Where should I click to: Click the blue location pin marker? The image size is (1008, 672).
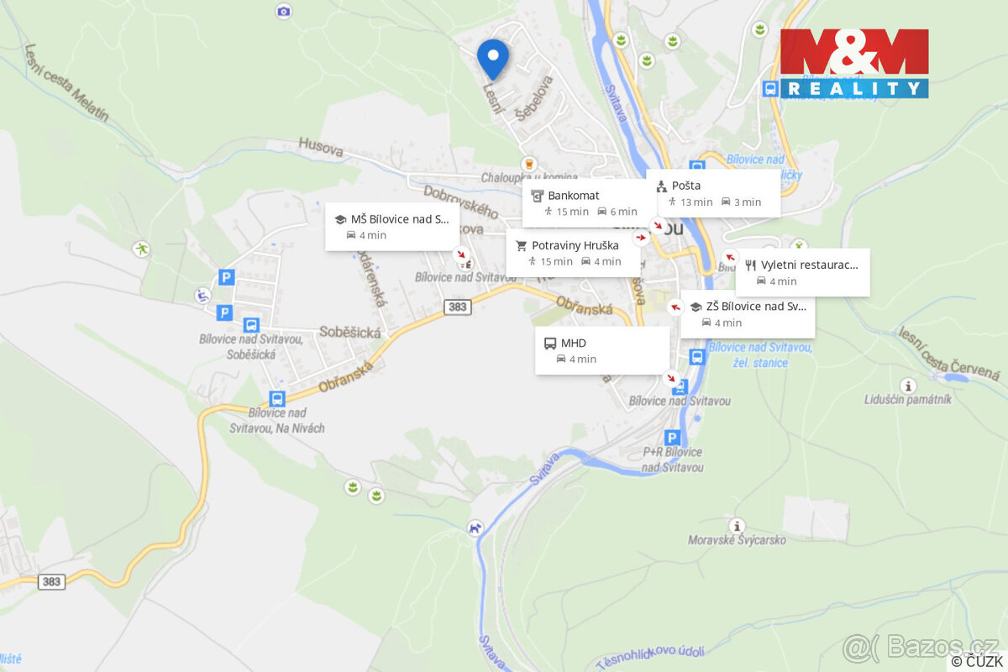[493, 57]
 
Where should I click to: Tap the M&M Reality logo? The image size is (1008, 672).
[854, 63]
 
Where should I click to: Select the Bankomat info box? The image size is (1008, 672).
[588, 202]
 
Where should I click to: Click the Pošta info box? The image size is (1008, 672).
[713, 193]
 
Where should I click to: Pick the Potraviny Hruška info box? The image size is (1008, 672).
[573, 253]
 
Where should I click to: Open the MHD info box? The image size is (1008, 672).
[601, 350]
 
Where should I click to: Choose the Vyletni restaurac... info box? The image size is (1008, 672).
[802, 272]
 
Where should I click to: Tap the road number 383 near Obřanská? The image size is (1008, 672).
[457, 307]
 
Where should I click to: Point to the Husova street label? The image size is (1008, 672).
[321, 149]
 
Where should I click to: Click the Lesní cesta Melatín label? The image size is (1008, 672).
[67, 82]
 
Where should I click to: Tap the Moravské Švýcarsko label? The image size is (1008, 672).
[737, 540]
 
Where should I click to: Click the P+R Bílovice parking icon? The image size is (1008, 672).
[672, 438]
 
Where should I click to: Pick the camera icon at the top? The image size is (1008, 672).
[284, 11]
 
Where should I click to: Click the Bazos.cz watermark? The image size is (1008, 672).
[921, 646]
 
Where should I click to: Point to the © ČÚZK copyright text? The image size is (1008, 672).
[977, 662]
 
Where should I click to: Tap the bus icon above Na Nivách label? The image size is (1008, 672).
[277, 399]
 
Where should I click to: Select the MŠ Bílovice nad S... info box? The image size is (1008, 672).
[392, 227]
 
